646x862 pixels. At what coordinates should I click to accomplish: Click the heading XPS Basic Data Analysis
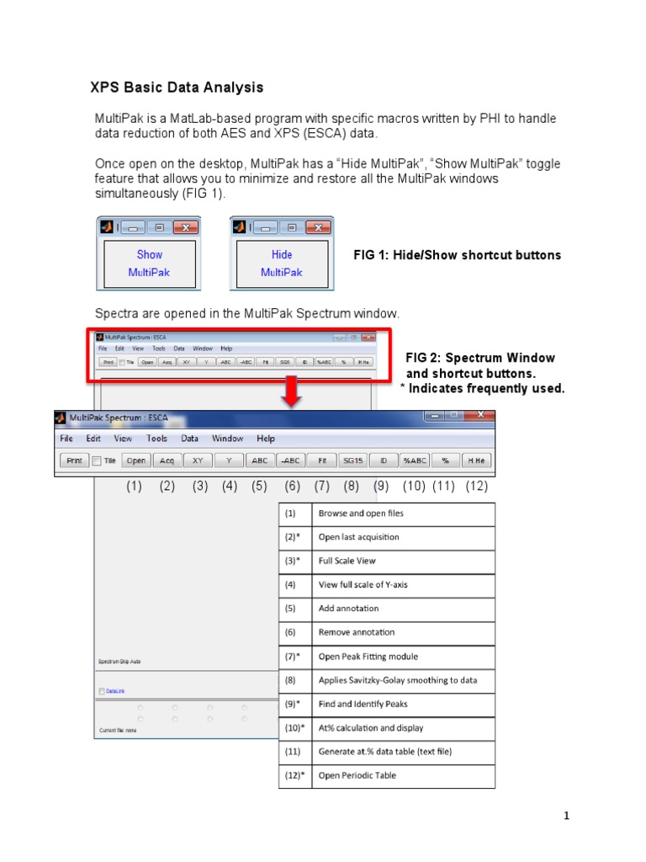click(177, 88)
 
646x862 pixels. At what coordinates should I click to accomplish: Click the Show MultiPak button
click(150, 263)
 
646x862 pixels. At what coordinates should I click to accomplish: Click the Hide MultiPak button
click(282, 263)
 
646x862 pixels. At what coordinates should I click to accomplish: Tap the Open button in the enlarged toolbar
click(136, 460)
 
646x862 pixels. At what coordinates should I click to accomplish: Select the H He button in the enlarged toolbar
click(477, 460)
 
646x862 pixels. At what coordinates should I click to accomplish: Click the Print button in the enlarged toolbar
click(73, 460)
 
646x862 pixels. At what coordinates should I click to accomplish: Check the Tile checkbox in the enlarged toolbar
click(97, 460)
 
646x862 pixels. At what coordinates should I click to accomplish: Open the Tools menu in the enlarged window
click(156, 439)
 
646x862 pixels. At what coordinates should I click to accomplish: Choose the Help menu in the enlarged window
click(266, 439)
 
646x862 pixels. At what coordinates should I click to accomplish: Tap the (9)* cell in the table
click(294, 704)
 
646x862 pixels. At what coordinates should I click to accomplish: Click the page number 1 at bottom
click(567, 816)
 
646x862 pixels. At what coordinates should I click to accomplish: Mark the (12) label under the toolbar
click(476, 487)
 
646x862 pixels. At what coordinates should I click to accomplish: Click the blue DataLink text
click(114, 691)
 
